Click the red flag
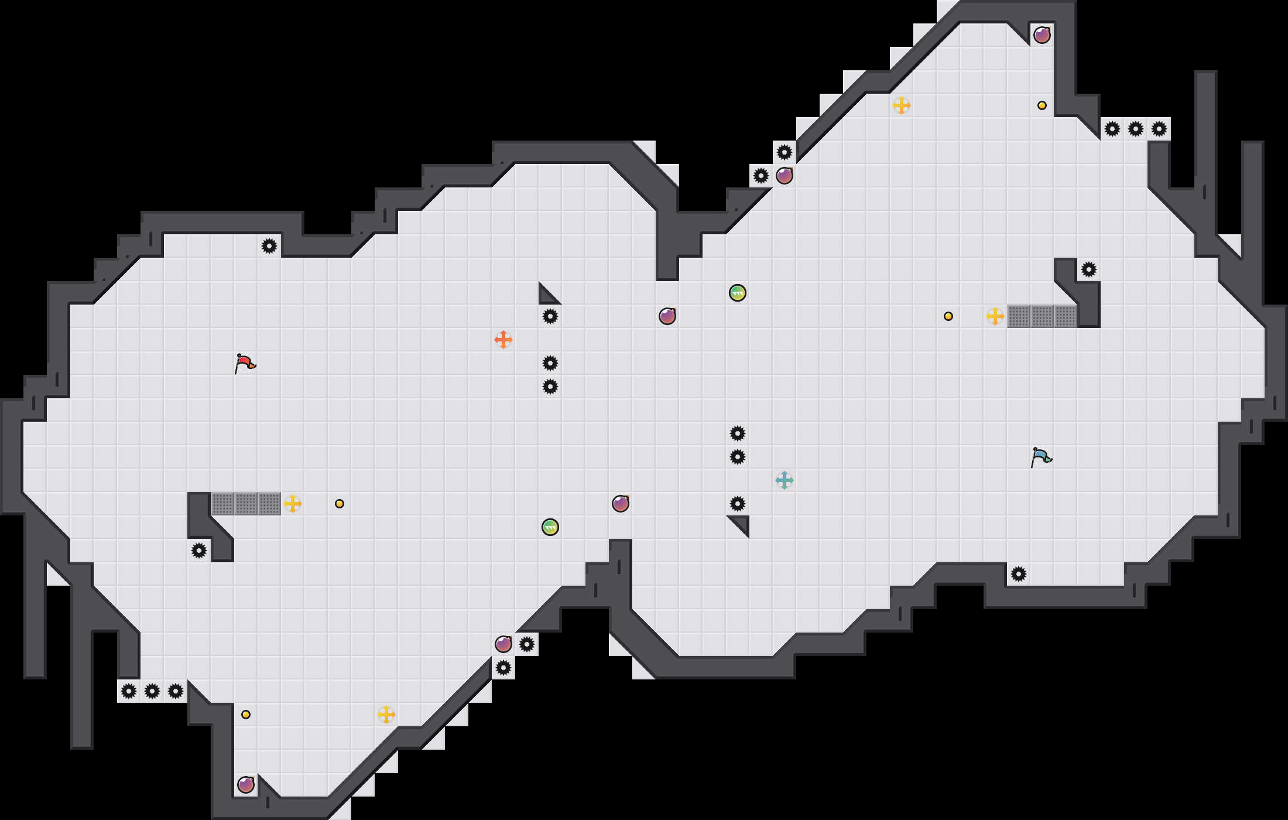click(245, 363)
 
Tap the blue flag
click(1041, 457)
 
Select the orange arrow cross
click(503, 340)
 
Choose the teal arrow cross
click(785, 480)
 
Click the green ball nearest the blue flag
click(738, 293)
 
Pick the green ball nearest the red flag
click(550, 527)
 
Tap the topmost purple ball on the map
click(1042, 35)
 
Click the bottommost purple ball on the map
click(246, 785)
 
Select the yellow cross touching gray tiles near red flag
click(293, 504)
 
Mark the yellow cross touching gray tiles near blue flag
click(995, 316)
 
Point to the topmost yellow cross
click(902, 105)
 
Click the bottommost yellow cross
click(386, 715)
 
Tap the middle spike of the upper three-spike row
click(1136, 129)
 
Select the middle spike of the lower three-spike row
click(152, 691)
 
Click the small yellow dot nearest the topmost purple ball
click(1042, 105)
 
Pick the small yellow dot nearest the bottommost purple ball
click(246, 715)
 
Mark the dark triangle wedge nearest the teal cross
click(741, 524)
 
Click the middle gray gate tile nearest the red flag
click(246, 504)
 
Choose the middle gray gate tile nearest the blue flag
click(1042, 316)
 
